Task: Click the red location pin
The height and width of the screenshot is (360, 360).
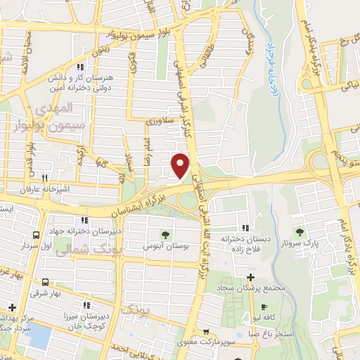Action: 181,165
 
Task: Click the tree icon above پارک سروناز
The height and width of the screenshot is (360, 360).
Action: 301,232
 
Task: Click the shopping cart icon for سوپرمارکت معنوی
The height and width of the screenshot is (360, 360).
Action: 205,332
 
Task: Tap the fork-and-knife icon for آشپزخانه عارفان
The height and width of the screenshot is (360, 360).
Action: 45,178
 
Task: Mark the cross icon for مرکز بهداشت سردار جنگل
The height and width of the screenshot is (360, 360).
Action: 13,307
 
